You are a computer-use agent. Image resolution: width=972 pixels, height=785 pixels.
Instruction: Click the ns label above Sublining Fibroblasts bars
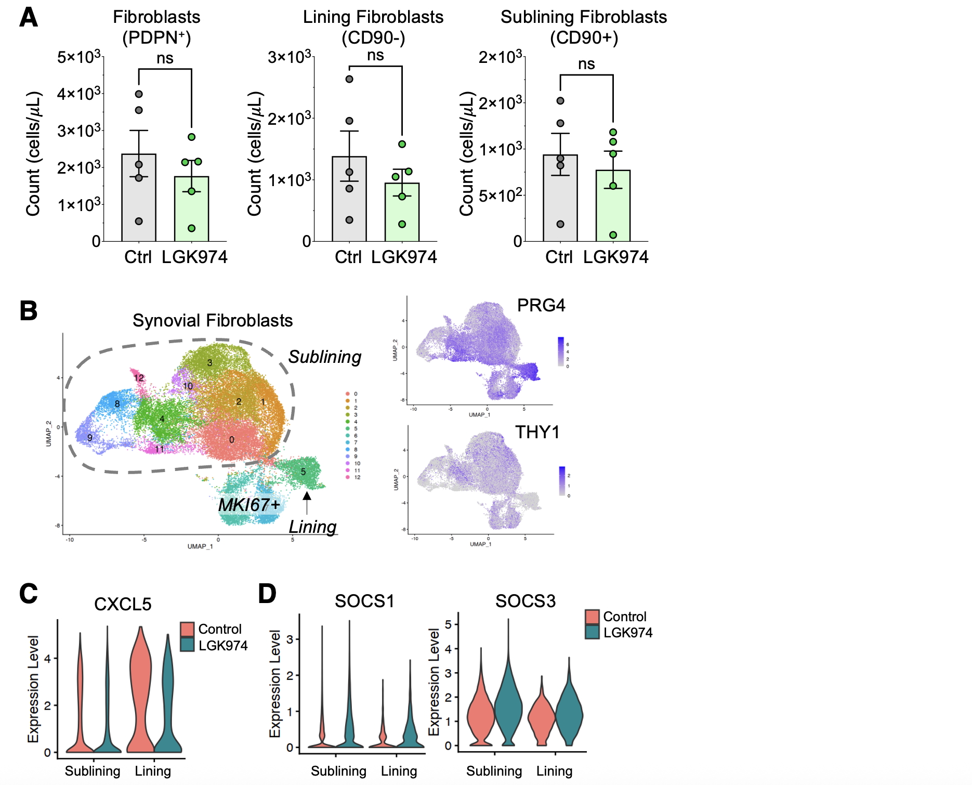point(586,64)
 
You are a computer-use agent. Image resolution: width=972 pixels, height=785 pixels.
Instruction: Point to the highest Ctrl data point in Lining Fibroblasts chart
point(349,79)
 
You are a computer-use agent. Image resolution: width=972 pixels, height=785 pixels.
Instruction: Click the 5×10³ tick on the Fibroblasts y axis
point(78,57)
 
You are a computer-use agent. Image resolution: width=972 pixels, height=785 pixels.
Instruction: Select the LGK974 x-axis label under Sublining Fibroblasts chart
point(615,257)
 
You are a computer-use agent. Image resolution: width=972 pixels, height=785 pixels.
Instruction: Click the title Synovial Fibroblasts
point(213,320)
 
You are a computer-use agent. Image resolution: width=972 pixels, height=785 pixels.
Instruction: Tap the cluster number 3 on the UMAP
point(210,362)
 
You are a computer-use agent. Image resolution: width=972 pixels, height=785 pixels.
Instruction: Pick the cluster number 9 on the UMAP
point(90,438)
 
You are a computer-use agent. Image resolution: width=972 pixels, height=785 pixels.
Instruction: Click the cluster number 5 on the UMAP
point(303,472)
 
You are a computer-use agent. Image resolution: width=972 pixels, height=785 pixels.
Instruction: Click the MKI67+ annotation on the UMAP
point(249,505)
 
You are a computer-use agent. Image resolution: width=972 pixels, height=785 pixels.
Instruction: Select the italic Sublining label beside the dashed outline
point(325,357)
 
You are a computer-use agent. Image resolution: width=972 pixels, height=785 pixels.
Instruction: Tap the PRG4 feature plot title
point(541,305)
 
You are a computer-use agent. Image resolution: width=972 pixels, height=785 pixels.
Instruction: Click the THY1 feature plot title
point(537,432)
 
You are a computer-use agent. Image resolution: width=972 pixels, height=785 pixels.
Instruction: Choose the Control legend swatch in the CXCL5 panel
point(188,629)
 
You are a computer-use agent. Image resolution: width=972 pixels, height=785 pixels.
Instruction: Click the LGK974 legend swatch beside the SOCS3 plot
point(592,632)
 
